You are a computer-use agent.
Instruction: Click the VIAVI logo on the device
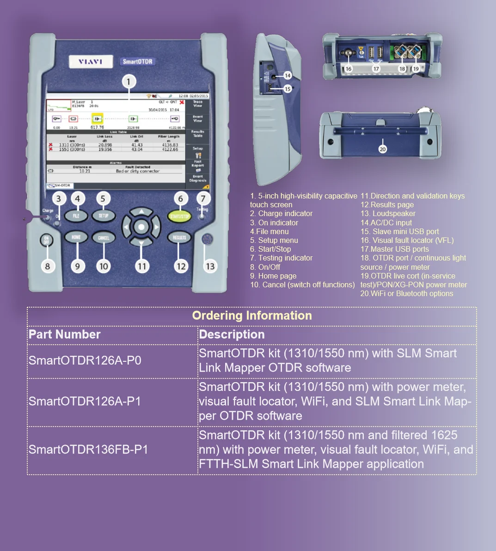90,62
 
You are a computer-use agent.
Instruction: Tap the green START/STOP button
179,217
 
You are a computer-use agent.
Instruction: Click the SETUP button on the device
104,216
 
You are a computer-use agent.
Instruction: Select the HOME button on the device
76,238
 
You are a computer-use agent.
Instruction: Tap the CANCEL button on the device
104,238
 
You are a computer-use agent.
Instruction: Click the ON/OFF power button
46,240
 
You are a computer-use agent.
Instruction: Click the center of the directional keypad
141,227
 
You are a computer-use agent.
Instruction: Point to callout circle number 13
210,266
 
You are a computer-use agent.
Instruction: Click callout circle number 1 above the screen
129,82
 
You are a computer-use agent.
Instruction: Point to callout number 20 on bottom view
382,149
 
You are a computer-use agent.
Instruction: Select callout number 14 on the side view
288,75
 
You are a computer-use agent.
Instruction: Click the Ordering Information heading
252,316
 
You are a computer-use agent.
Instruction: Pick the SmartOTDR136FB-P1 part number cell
88,450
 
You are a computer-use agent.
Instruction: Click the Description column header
232,334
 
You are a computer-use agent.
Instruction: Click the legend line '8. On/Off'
265,267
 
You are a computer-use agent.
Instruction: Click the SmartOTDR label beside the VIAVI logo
137,62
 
